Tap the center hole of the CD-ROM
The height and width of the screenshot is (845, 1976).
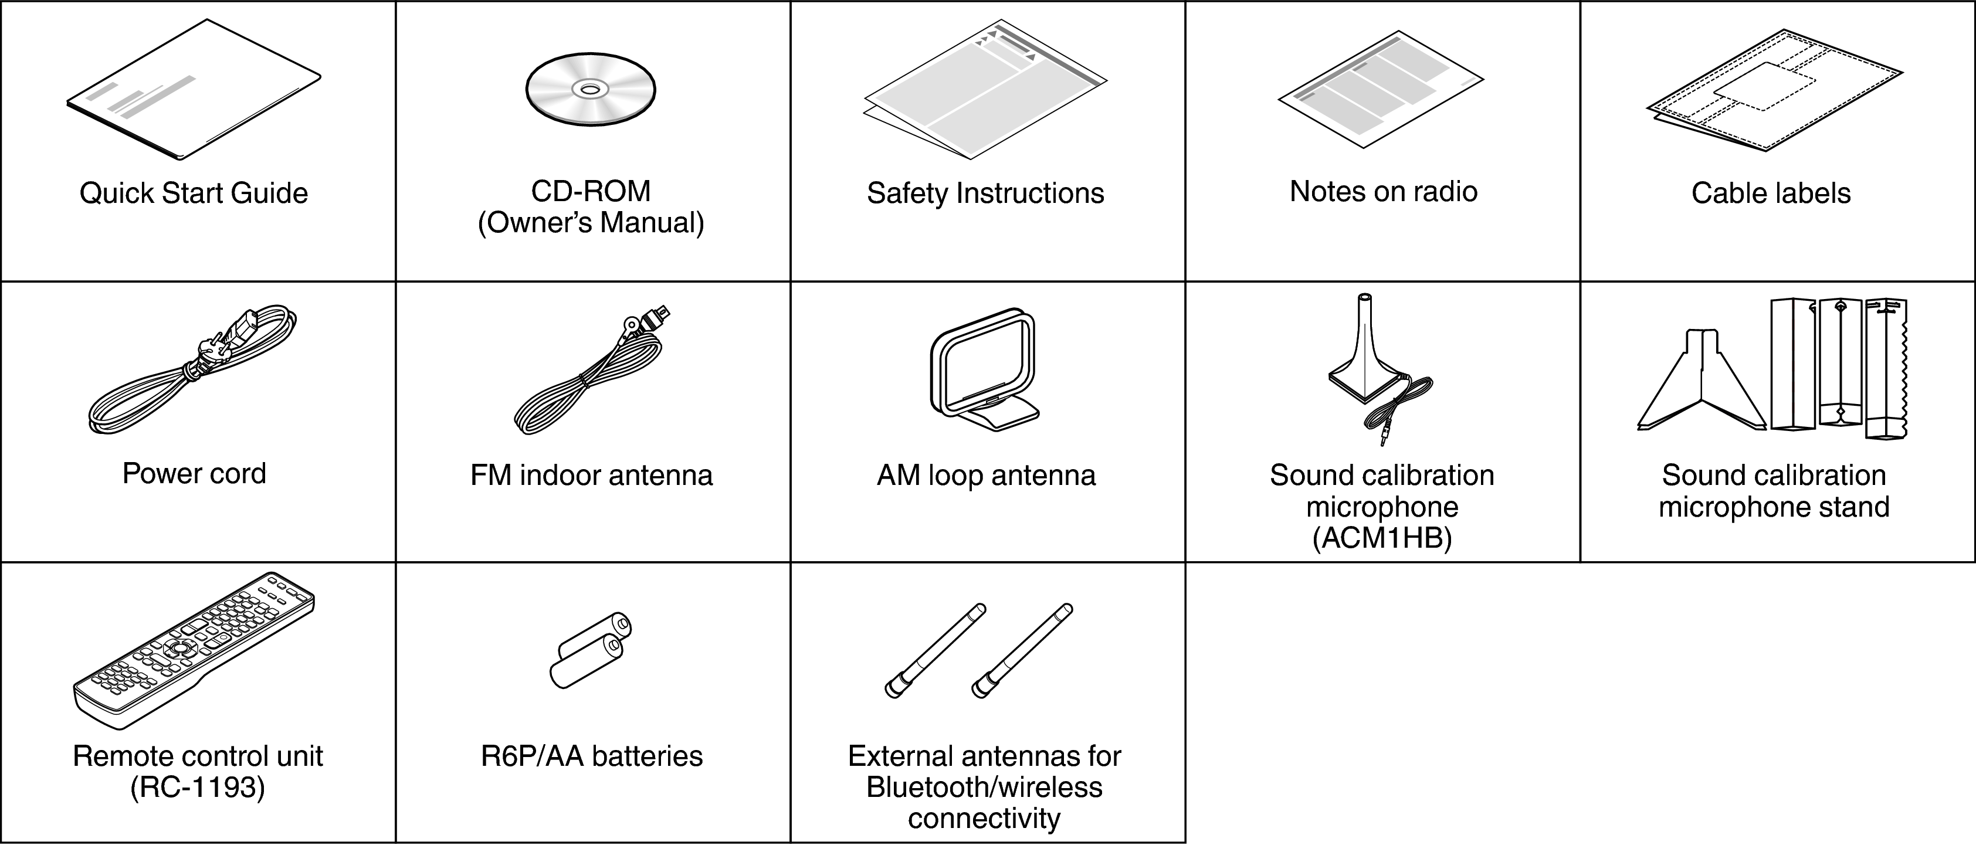point(590,90)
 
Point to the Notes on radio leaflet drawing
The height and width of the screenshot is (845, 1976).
point(1381,88)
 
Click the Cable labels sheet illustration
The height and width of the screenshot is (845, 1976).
point(1774,90)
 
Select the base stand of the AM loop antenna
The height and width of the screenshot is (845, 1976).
point(1001,415)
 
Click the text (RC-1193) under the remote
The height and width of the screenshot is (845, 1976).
point(197,788)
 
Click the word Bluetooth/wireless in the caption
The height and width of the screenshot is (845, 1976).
point(984,788)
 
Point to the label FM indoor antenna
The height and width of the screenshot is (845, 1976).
point(591,476)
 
